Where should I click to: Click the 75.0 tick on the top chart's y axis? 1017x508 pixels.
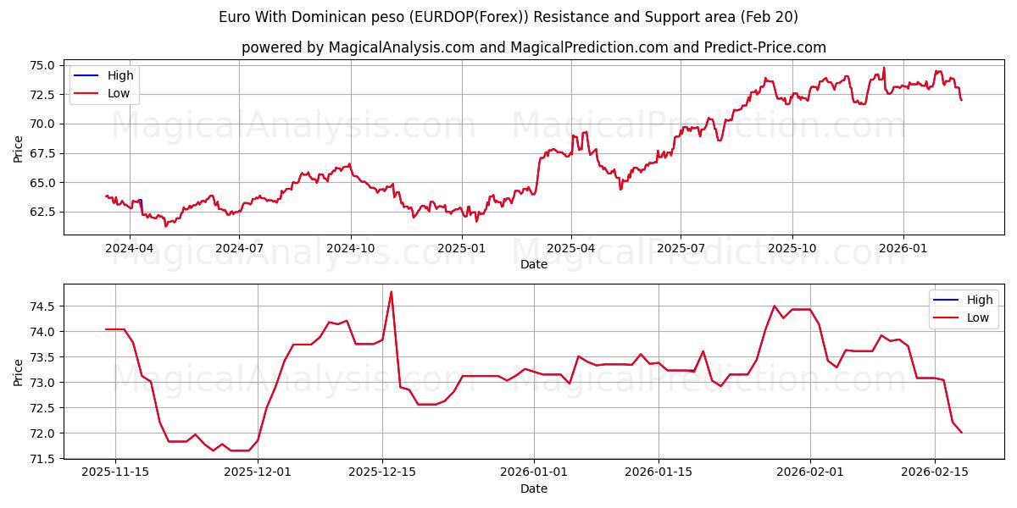(42, 65)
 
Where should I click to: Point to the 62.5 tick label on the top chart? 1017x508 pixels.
(42, 212)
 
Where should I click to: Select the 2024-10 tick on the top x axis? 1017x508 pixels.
(351, 248)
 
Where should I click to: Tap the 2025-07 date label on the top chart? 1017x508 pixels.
(681, 248)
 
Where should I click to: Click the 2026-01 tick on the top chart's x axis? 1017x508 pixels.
(903, 248)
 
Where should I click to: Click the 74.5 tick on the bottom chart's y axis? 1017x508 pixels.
(42, 306)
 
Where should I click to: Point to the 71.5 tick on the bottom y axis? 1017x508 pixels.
(42, 459)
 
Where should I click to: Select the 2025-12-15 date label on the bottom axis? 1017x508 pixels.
(382, 472)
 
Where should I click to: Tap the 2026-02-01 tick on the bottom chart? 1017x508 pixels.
(809, 472)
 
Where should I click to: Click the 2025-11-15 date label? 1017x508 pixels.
(115, 472)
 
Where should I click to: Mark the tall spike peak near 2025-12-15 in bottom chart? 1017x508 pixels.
(391, 292)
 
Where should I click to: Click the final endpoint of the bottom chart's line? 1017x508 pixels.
(961, 433)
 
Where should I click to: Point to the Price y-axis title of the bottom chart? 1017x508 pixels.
(19, 372)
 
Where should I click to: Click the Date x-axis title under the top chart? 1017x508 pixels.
(534, 264)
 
